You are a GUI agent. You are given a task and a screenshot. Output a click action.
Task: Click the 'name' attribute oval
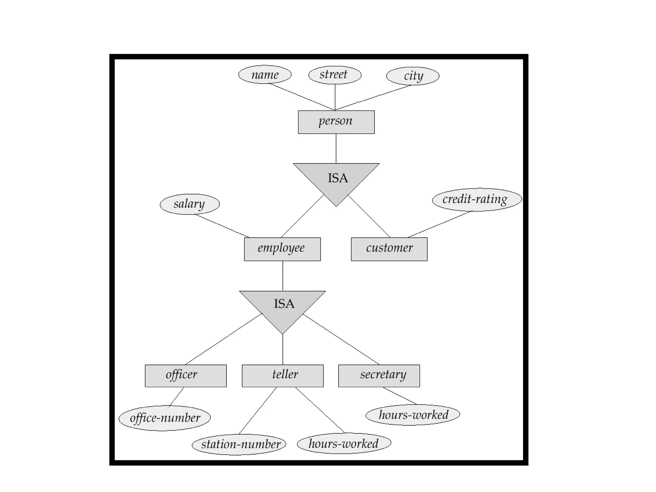[x=265, y=75]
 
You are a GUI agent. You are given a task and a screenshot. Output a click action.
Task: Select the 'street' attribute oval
[x=335, y=75]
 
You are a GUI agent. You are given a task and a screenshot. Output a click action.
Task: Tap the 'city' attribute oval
[x=413, y=76]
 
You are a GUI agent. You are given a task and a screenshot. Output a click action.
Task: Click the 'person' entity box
[x=336, y=122]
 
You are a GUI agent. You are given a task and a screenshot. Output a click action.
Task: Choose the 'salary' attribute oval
[x=190, y=204]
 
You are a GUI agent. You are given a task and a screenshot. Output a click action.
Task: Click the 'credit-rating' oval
[x=477, y=200]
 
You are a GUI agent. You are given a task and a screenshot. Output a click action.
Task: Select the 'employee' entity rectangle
[x=282, y=249]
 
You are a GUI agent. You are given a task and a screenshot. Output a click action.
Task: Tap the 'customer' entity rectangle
[x=389, y=249]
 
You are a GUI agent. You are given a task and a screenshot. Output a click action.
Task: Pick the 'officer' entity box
[x=185, y=376]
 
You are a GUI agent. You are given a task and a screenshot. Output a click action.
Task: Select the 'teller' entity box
[x=283, y=376]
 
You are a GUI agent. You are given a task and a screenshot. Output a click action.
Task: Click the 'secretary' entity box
[x=379, y=376]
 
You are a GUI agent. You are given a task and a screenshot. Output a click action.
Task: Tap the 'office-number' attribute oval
[x=165, y=418]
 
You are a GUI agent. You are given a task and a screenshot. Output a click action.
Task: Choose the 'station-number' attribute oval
[x=239, y=444]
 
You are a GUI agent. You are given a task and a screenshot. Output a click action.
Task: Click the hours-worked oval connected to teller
[x=344, y=443]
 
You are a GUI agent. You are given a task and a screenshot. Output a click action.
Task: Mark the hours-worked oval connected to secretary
[x=413, y=415]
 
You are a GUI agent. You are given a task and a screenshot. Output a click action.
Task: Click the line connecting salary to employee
[x=222, y=226]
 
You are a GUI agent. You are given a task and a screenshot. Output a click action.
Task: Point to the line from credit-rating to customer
[x=439, y=224]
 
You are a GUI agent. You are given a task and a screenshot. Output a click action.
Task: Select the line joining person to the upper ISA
[x=336, y=148]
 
